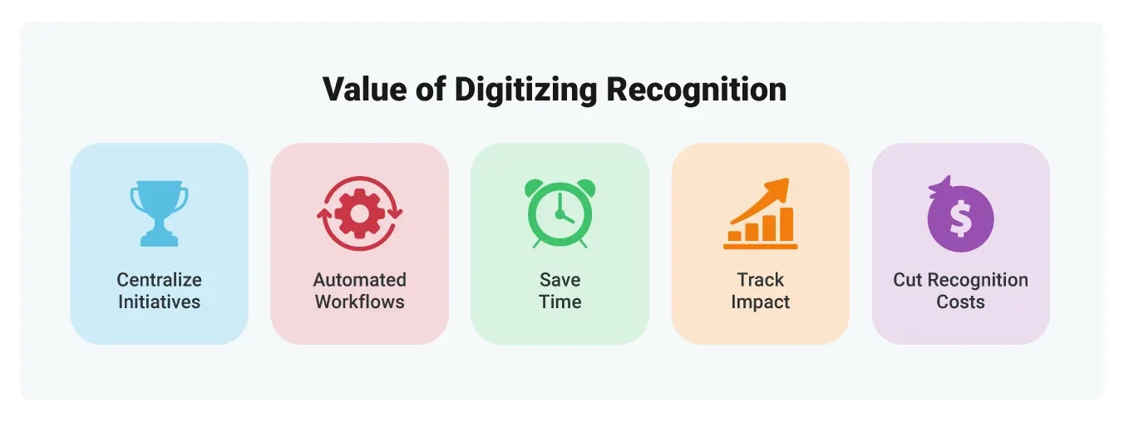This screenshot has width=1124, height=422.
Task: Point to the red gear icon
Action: tap(359, 213)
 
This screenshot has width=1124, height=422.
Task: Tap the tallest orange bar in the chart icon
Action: tap(786, 224)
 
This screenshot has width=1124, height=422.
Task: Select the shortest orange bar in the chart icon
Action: tap(735, 236)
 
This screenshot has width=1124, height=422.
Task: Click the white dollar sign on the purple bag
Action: tap(960, 219)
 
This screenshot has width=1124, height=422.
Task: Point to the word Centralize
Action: tap(159, 280)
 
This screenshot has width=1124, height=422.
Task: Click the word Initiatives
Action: tap(159, 302)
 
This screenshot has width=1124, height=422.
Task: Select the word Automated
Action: tap(359, 280)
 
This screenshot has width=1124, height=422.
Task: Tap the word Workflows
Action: tap(359, 302)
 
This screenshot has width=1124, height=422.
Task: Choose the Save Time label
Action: tap(560, 291)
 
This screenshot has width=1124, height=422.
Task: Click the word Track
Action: tap(760, 280)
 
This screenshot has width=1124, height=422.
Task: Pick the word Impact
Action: tap(760, 302)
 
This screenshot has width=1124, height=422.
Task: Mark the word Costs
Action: tap(960, 302)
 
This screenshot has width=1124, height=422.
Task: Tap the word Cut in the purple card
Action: tap(907, 280)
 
